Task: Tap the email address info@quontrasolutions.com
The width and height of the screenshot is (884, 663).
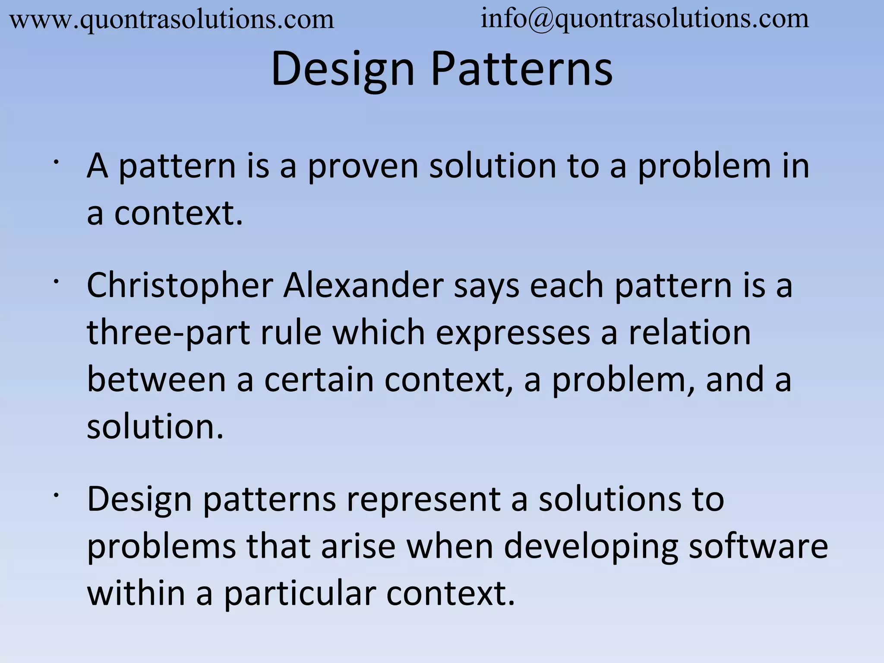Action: point(644,19)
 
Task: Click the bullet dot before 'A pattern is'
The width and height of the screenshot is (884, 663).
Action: point(56,162)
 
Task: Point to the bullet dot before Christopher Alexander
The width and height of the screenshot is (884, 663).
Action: point(56,282)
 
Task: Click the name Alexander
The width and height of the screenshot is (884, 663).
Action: point(363,286)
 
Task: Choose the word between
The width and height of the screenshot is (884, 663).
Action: point(156,380)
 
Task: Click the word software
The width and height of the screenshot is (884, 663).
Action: point(758,546)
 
